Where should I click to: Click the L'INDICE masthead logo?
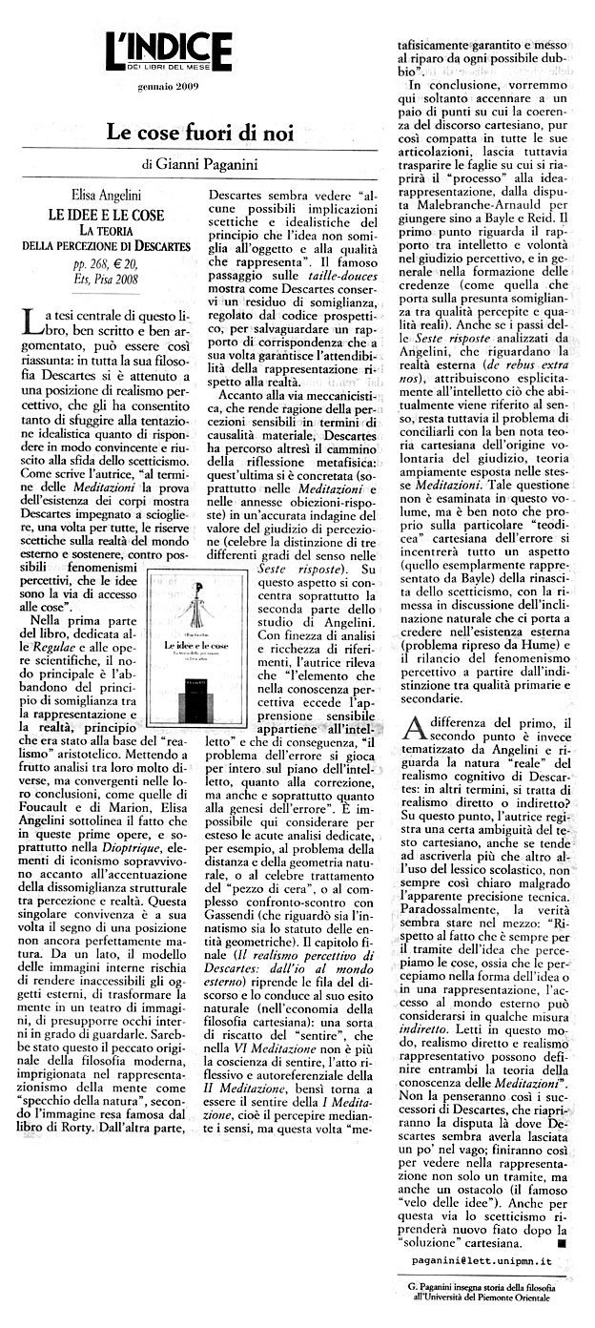tap(169, 51)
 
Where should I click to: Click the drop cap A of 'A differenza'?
tap(414, 731)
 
